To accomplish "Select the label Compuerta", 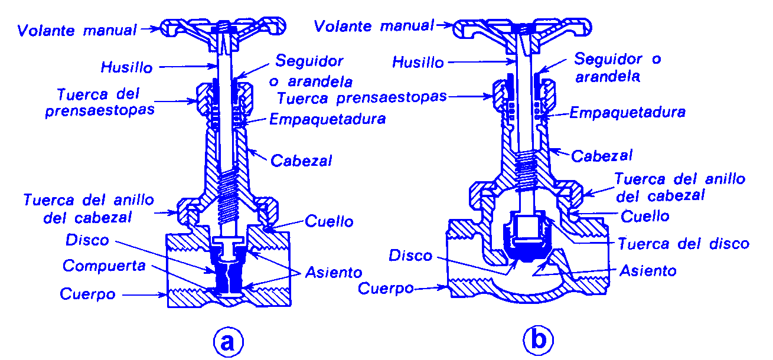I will point(104,266).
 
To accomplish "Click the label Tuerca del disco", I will point(683,243).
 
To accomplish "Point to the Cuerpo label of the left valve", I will point(87,294).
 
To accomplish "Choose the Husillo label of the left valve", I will point(126,67).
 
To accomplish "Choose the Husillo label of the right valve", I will point(418,62).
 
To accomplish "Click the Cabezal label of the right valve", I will point(602,156).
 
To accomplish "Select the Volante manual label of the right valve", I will point(374,27).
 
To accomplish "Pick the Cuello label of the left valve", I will point(329,221).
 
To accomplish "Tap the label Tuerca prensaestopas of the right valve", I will point(361,97).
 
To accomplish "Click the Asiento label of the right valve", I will point(648,270).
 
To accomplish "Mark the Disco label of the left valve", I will point(87,240).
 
